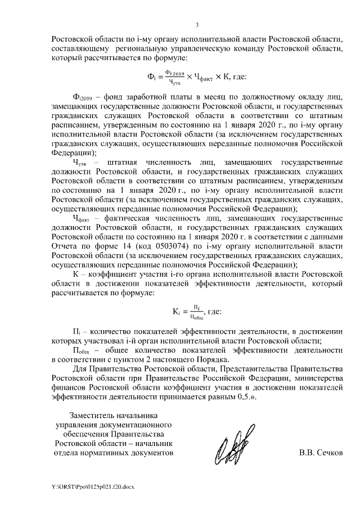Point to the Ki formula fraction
196,312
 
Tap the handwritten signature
231,445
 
